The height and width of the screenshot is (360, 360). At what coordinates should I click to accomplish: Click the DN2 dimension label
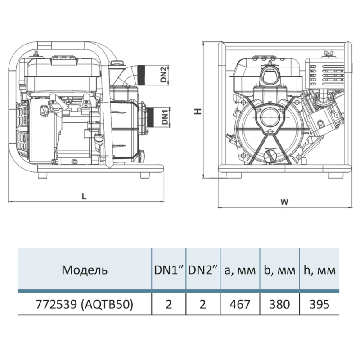[x=164, y=75]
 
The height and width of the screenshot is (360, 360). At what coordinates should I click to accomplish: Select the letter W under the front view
[x=284, y=202]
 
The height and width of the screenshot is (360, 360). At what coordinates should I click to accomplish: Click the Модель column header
[x=85, y=270]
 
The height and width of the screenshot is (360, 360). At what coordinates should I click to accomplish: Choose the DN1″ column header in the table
[x=169, y=270]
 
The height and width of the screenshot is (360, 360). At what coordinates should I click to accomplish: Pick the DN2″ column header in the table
[x=203, y=270]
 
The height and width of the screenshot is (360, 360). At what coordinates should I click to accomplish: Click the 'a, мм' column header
[x=240, y=270]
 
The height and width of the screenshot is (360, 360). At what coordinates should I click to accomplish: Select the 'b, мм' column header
[x=279, y=270]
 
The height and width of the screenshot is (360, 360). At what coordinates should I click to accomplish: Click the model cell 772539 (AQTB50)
[x=85, y=304]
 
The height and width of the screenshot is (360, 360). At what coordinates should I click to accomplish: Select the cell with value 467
[x=240, y=304]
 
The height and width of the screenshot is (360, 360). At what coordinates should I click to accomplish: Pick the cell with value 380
[x=279, y=304]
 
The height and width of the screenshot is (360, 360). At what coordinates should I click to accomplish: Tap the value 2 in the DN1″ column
[x=169, y=304]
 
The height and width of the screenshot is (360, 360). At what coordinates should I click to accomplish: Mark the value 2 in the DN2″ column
[x=203, y=304]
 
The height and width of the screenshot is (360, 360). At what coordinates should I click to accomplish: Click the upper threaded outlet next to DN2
[x=145, y=75]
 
